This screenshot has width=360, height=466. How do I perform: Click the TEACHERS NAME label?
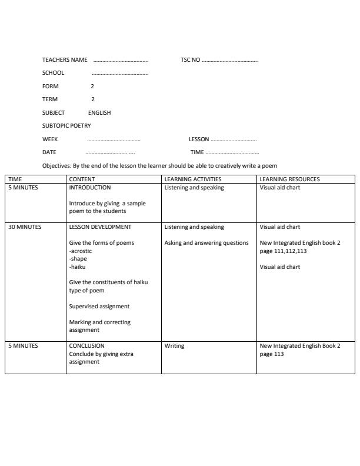click(65, 60)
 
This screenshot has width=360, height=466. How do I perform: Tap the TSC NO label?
click(191, 60)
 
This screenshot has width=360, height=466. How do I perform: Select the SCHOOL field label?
click(53, 73)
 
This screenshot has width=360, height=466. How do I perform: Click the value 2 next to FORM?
click(92, 86)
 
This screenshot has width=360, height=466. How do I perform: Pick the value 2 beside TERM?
click(92, 99)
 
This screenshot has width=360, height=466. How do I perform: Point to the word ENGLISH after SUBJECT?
click(99, 112)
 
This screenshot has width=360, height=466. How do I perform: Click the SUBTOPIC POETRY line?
click(66, 126)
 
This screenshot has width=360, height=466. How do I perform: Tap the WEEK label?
click(50, 139)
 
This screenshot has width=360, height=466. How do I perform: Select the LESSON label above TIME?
click(199, 139)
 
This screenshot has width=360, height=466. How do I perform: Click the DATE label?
click(49, 152)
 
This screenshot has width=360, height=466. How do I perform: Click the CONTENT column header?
click(82, 179)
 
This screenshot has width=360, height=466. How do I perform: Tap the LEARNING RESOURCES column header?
click(289, 179)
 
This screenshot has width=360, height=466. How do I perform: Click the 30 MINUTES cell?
click(25, 227)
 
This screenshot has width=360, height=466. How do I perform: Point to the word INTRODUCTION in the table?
click(90, 188)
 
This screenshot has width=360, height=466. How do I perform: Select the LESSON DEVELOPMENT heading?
click(100, 227)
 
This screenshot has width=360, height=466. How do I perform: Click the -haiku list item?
click(78, 267)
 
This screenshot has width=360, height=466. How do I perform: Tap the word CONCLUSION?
click(86, 346)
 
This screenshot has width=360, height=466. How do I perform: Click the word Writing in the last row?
click(174, 346)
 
